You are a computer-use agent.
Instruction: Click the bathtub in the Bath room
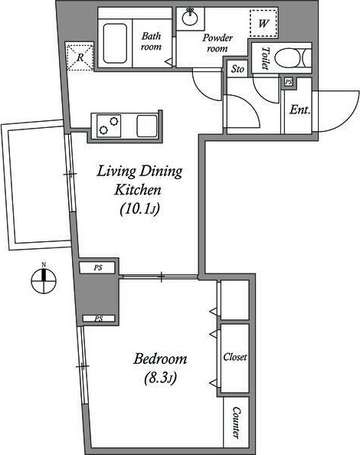click(x=115, y=43)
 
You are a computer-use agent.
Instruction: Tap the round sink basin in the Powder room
click(x=190, y=18)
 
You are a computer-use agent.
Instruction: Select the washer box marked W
click(x=263, y=23)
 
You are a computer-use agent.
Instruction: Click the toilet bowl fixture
click(x=293, y=58)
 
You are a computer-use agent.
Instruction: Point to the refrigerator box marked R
click(x=80, y=57)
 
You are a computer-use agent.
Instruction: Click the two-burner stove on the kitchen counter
click(x=109, y=126)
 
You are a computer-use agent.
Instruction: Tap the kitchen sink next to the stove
click(x=147, y=126)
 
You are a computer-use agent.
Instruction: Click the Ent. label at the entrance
click(x=300, y=110)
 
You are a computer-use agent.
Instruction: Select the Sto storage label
click(x=237, y=69)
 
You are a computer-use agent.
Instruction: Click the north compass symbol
click(x=44, y=280)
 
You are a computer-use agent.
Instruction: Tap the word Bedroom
click(x=160, y=358)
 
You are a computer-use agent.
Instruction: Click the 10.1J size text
click(x=140, y=208)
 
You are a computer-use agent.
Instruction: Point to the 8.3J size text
click(x=160, y=378)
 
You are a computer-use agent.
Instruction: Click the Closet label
click(x=235, y=357)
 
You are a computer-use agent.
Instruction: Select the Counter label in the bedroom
click(x=237, y=423)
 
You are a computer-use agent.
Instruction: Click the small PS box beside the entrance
click(x=288, y=82)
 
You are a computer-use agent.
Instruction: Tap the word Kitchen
click(x=138, y=190)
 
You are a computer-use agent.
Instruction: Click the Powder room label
click(x=218, y=43)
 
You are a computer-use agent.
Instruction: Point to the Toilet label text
click(x=265, y=58)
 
